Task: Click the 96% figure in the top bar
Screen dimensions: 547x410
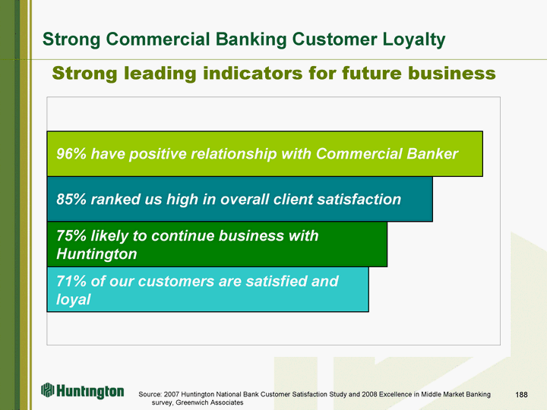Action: click(71, 153)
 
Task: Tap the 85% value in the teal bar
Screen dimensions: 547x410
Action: click(71, 200)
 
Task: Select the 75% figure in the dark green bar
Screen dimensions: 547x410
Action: click(71, 235)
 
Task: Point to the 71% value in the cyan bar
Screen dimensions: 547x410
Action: click(71, 281)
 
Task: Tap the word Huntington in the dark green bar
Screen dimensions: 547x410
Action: click(96, 254)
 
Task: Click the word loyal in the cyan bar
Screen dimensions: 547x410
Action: click(74, 299)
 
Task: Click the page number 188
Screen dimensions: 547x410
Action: click(521, 394)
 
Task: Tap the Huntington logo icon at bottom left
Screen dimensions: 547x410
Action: click(48, 390)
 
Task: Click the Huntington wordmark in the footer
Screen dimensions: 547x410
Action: click(90, 391)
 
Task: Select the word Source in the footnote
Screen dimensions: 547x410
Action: click(150, 394)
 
